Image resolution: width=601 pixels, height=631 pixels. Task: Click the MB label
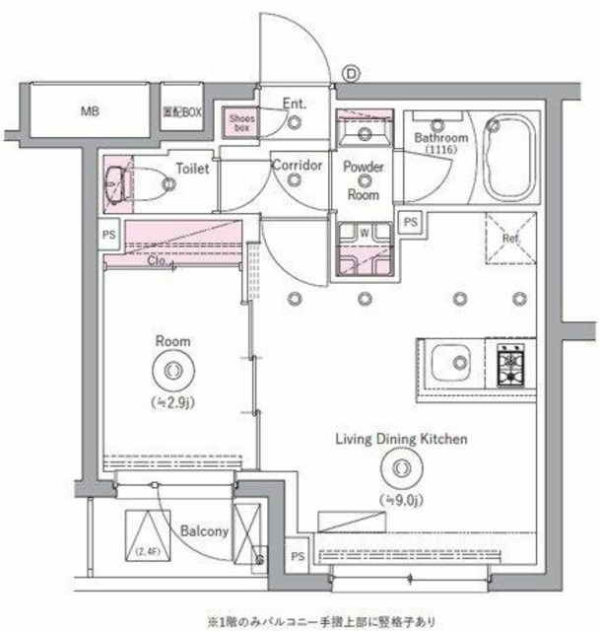tap(88, 111)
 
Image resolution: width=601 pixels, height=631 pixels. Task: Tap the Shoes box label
tap(242, 121)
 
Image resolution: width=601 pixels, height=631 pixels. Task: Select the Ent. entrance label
tap(295, 103)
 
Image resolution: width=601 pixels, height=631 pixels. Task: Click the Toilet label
tap(192, 169)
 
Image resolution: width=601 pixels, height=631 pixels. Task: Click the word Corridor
tap(298, 165)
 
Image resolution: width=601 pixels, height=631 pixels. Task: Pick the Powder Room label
tap(364, 180)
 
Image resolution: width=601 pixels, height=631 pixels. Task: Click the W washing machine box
tap(364, 233)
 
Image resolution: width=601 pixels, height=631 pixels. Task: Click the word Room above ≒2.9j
tap(172, 341)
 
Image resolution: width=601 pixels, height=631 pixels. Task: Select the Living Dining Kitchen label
tap(401, 439)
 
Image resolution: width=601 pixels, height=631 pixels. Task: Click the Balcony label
tap(205, 530)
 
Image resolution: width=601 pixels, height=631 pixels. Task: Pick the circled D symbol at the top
tap(352, 71)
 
